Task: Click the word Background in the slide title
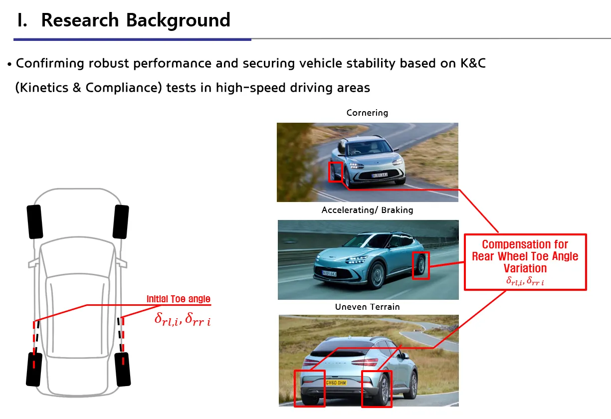click(x=178, y=21)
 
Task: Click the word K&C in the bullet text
click(x=473, y=63)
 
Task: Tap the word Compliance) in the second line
click(x=124, y=88)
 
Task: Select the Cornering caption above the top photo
click(x=367, y=113)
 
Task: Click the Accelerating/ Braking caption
click(x=367, y=210)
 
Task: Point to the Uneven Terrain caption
click(x=367, y=307)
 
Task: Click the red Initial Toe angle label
click(x=179, y=299)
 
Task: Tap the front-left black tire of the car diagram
click(x=35, y=221)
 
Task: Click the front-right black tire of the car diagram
click(x=121, y=221)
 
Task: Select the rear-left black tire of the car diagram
click(x=34, y=369)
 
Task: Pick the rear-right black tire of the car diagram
click(x=123, y=369)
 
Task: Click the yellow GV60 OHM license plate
click(x=336, y=383)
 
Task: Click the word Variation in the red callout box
click(x=525, y=268)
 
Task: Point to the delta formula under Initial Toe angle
click(x=183, y=319)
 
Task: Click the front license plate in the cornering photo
click(x=380, y=175)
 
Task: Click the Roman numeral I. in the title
click(x=22, y=20)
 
